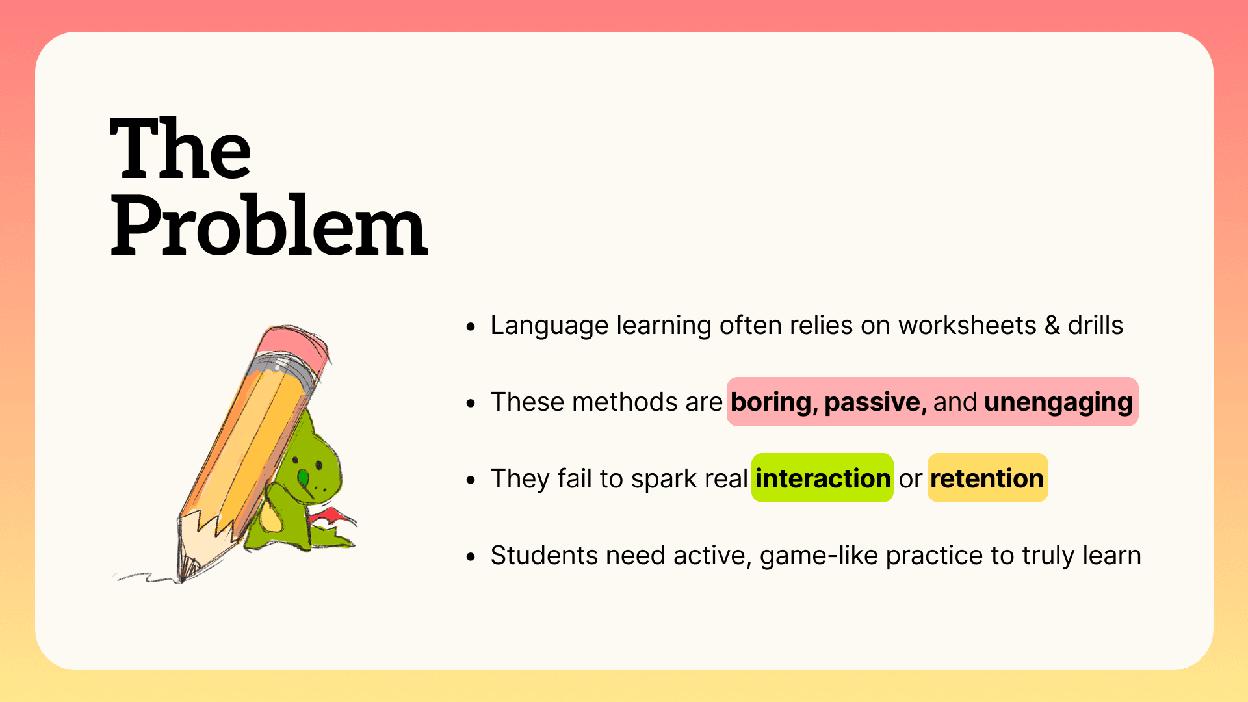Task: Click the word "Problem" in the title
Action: [x=269, y=225]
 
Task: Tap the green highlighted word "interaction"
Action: [x=823, y=478]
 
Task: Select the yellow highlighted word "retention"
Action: [x=987, y=479]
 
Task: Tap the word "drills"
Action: [x=1095, y=325]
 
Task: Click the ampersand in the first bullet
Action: [x=1052, y=326]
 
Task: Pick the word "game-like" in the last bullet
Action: [x=819, y=556]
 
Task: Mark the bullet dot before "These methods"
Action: [x=471, y=404]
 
